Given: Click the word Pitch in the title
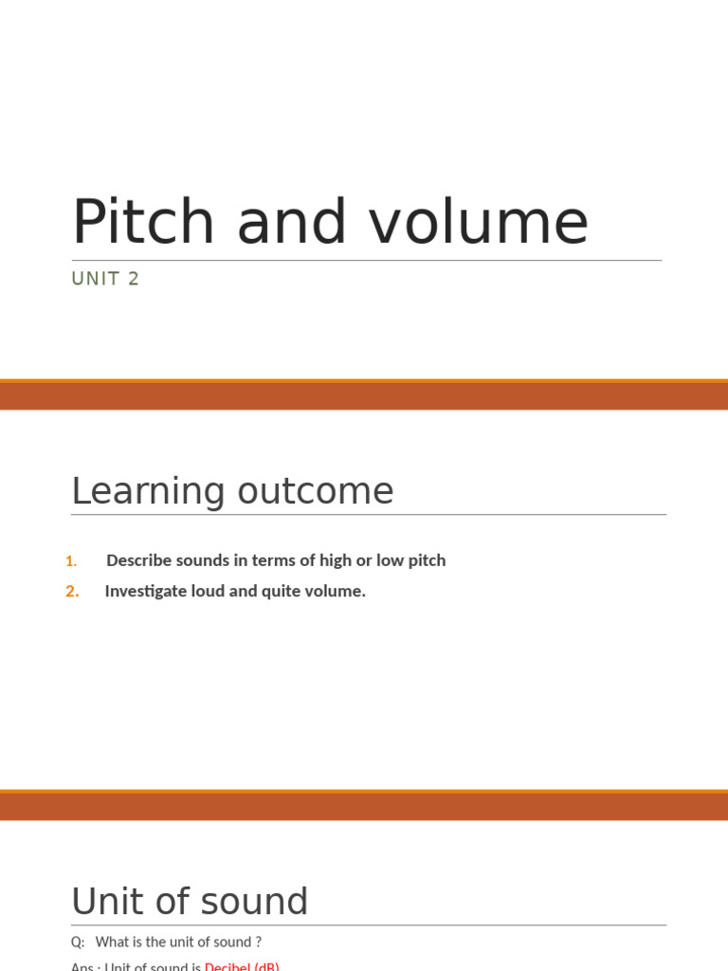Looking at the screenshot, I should click(143, 223).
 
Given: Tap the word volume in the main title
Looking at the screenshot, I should click(479, 223).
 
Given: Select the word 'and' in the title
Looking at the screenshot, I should click(290, 223).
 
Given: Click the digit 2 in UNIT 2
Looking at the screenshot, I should click(134, 279).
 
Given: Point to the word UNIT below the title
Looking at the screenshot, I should click(96, 279).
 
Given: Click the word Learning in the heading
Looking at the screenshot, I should click(148, 492).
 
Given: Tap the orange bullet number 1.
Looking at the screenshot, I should click(71, 561).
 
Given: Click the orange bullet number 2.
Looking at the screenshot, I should click(72, 592).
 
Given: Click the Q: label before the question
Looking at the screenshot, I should click(78, 943).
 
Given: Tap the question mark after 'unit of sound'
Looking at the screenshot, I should click(258, 943).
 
